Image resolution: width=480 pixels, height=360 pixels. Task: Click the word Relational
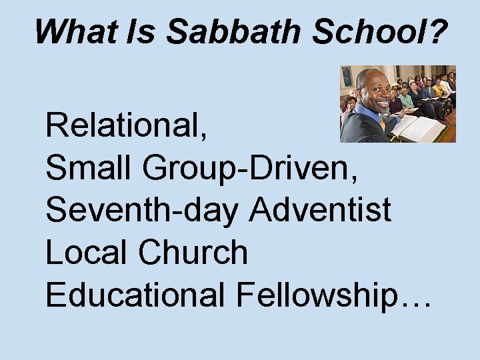click(125, 125)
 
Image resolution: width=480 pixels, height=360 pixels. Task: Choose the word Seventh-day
click(143, 211)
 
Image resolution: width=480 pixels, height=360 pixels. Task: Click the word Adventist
click(321, 211)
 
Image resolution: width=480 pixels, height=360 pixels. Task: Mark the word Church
click(193, 253)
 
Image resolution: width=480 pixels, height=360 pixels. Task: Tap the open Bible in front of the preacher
click(419, 127)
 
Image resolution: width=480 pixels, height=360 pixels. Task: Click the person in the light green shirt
click(406, 99)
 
